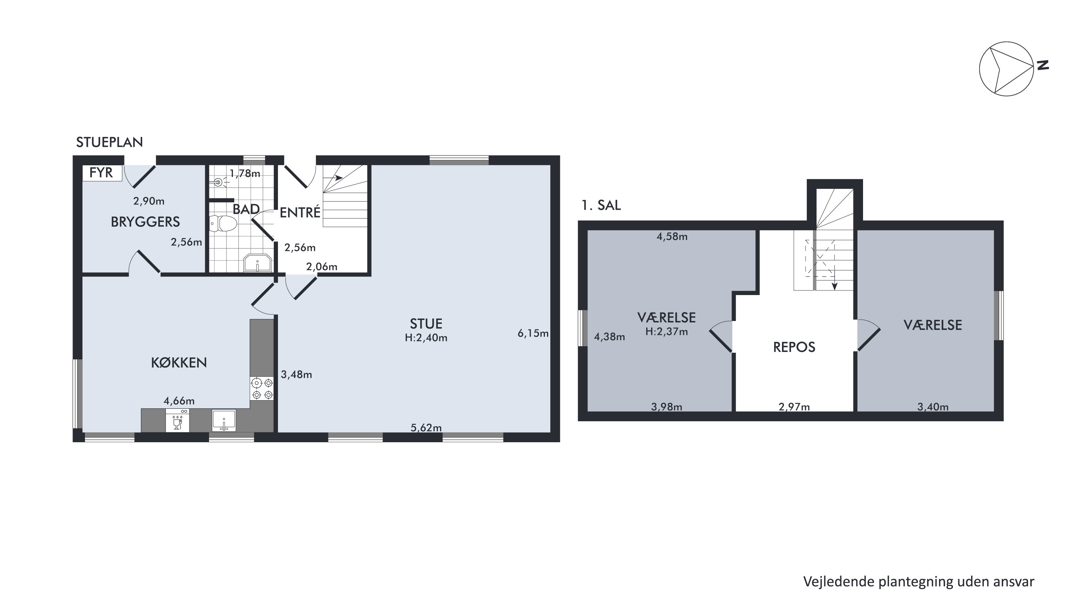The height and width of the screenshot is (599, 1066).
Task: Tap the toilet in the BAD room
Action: point(223,224)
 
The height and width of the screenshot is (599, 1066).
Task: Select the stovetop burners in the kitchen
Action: point(262,388)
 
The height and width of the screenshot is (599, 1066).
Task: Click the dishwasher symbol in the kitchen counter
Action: point(177,421)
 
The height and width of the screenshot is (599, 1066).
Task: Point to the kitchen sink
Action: point(224,421)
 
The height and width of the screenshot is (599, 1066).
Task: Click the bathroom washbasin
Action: point(257,263)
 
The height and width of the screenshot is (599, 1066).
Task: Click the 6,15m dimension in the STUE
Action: point(533,333)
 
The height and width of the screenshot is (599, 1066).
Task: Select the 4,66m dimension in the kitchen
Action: point(179,401)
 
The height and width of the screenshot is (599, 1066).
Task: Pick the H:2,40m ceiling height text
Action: point(426,338)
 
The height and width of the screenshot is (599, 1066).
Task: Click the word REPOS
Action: point(794,347)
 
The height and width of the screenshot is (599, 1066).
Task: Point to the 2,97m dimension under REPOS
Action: point(794,407)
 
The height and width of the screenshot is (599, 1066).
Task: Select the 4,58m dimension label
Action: point(672,236)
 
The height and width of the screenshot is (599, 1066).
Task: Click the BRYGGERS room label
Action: point(145,222)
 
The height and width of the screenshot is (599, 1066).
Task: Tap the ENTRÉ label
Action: point(300,212)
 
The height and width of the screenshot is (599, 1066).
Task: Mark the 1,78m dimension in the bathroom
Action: point(245,173)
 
